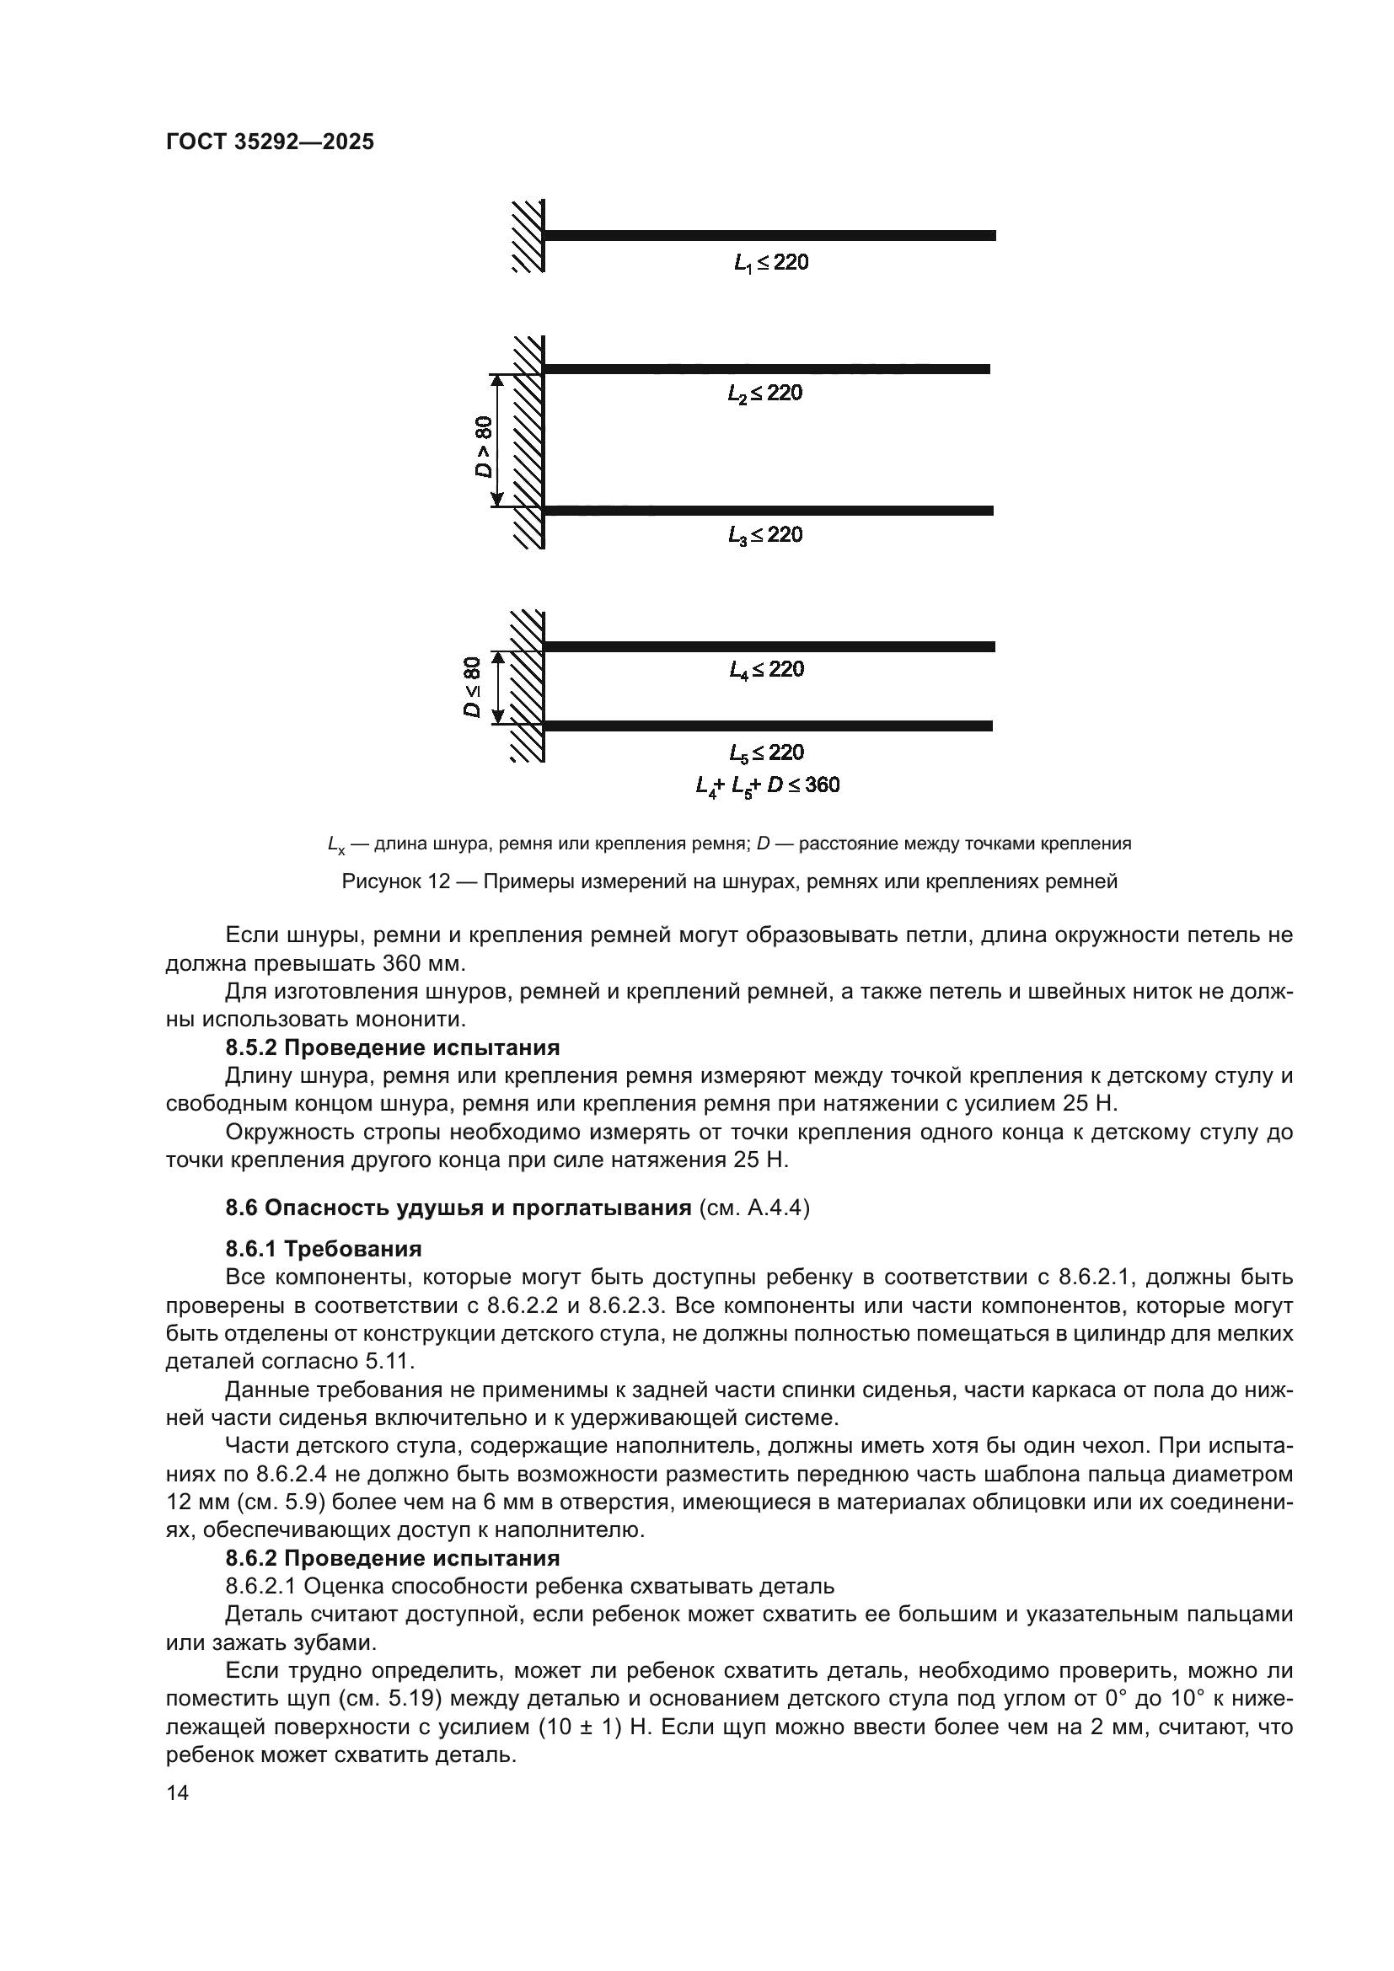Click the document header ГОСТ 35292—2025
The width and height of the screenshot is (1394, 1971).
270,142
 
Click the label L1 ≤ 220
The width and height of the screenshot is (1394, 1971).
771,263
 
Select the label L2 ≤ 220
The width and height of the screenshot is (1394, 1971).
764,394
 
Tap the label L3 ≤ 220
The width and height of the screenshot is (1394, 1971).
764,535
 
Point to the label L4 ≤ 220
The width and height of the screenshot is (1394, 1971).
766,669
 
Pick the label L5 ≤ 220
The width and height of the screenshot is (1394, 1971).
766,753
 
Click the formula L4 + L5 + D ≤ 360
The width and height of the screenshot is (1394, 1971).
768,785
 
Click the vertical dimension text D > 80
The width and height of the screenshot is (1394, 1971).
484,447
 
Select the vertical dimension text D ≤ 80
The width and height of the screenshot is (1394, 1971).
472,687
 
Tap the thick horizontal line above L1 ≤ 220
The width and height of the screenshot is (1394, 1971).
769,235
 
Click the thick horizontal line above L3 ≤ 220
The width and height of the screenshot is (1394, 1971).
769,511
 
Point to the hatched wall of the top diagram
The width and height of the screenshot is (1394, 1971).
528,236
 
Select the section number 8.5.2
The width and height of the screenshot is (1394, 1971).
251,1047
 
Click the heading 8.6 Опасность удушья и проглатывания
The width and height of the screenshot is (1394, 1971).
458,1208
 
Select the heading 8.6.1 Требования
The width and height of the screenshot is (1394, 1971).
324,1248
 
